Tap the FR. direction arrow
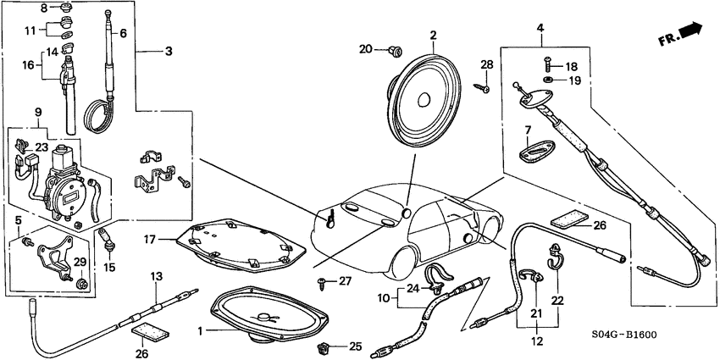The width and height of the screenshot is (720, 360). [683, 33]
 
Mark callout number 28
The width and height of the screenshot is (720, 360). [486, 65]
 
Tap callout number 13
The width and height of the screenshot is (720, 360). [156, 277]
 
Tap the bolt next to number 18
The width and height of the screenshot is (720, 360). [549, 65]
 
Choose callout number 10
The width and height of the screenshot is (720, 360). [384, 297]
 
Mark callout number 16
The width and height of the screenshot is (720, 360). [29, 64]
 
